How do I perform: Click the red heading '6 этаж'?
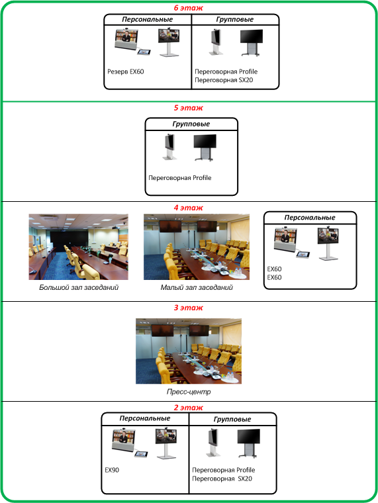coord(189,8)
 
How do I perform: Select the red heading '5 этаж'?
coord(189,108)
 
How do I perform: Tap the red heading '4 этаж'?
coord(189,208)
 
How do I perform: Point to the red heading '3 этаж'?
coord(189,308)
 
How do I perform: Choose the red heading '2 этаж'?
coord(189,408)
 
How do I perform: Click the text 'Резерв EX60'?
coord(126,71)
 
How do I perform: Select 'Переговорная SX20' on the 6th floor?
coord(224,80)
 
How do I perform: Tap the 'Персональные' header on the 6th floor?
coord(147,19)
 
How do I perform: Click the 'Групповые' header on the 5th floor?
coord(191,124)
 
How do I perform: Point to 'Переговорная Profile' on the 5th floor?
coord(179,178)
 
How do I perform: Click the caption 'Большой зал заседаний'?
coord(79,287)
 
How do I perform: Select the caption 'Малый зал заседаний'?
coord(197,287)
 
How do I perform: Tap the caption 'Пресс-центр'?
coord(189,392)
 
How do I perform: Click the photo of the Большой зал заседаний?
coord(78,247)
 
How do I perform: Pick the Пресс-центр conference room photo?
coord(189,351)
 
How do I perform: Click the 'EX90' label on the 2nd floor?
coord(112,470)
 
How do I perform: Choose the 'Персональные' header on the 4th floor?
coord(310,218)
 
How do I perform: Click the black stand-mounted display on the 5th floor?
coord(205,147)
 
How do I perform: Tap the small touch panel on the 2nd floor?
coord(141,454)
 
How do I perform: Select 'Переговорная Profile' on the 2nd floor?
coord(223,470)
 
